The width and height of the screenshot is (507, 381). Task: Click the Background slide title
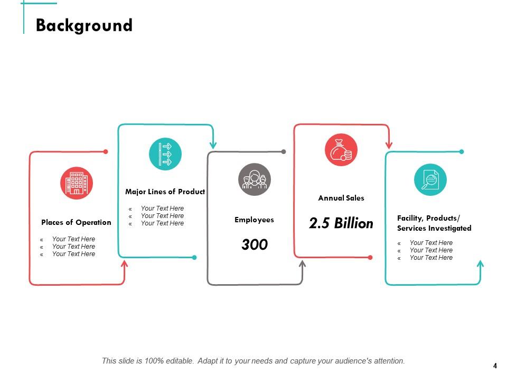click(x=84, y=25)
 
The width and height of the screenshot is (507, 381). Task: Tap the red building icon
click(x=76, y=183)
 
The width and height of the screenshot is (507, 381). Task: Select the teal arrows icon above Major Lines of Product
click(x=165, y=154)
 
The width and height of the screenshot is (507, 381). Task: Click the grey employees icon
click(x=255, y=179)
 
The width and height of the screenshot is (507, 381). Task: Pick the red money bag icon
click(x=341, y=150)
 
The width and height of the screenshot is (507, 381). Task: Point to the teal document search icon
click(x=430, y=180)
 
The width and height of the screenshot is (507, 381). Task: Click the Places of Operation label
click(x=76, y=222)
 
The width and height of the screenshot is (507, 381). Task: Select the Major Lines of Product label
click(x=165, y=192)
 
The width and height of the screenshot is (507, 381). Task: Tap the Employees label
click(x=254, y=220)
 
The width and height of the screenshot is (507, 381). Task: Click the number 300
click(x=255, y=244)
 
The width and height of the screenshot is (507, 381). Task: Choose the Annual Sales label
click(x=341, y=198)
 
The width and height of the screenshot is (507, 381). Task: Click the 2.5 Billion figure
click(x=341, y=223)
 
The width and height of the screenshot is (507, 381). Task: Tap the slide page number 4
click(x=495, y=366)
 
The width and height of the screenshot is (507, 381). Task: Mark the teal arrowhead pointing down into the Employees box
click(x=213, y=144)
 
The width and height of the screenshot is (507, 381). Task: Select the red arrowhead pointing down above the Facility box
click(x=389, y=144)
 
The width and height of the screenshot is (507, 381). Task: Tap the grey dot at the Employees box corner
click(x=284, y=152)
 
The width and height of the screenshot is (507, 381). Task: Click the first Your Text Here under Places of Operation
click(x=73, y=239)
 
